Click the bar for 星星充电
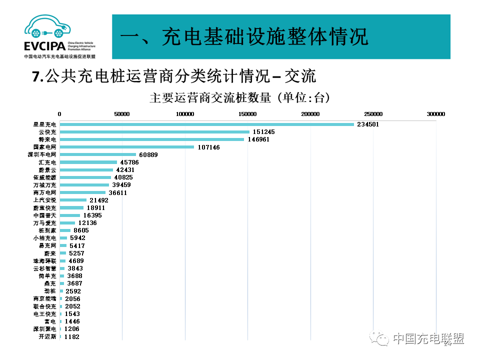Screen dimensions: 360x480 [x=206, y=124]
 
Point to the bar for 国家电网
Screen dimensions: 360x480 [x=126, y=147]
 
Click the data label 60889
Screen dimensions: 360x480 [x=148, y=155]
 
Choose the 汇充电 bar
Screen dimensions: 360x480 [x=88, y=162]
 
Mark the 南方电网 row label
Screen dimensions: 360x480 [x=45, y=192]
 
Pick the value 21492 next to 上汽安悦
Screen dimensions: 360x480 [x=99, y=200]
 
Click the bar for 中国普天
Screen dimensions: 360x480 [x=69, y=215]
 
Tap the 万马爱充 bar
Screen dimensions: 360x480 [x=67, y=223]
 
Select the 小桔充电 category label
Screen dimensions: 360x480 [x=45, y=238]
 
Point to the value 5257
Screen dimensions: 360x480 [x=76, y=253]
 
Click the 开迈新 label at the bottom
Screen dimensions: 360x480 [x=48, y=336]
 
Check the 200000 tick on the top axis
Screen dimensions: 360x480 [x=310, y=114]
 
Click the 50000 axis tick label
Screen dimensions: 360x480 [x=122, y=114]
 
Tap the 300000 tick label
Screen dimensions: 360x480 [x=435, y=114]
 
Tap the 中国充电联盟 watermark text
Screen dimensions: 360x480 [x=428, y=339]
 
